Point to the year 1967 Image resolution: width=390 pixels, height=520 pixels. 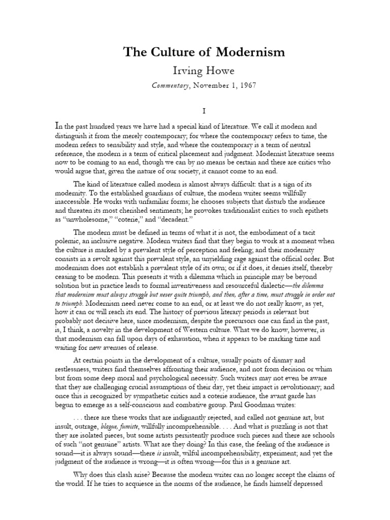point(230,85)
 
